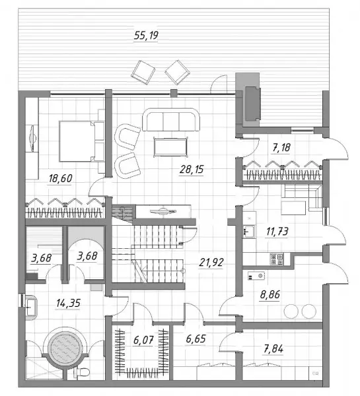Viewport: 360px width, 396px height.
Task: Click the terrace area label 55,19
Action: (146, 36)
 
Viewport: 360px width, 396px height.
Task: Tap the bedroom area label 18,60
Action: (60, 179)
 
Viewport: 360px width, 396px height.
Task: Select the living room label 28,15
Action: (192, 169)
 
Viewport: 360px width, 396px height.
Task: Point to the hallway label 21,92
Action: (211, 263)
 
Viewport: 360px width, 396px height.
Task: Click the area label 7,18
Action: (281, 147)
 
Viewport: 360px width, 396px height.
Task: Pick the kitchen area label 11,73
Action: (277, 231)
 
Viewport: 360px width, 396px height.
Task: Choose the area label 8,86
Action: (270, 294)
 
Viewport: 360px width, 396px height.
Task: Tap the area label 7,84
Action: (273, 349)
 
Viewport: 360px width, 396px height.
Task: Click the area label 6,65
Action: (196, 339)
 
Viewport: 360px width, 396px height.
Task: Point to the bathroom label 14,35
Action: (68, 303)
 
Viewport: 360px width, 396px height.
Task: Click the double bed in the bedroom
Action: (81, 141)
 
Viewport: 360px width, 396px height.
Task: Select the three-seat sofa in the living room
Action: (171, 119)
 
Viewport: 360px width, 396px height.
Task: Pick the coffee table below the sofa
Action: (170, 147)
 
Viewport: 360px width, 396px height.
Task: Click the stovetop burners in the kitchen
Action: (277, 259)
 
